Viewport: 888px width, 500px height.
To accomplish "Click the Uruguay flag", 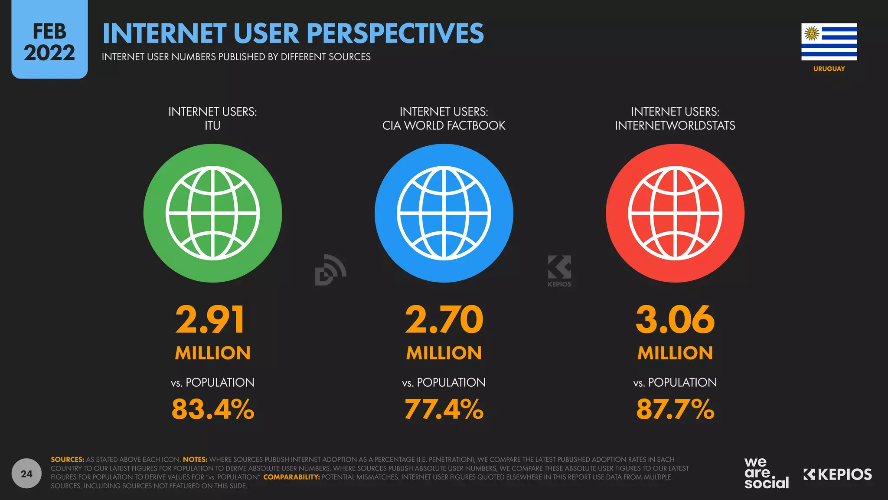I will pyautogui.click(x=829, y=42).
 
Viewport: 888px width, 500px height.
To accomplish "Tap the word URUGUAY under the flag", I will pyautogui.click(x=829, y=69).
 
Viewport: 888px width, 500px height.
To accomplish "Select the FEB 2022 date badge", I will pyautogui.click(x=49, y=41).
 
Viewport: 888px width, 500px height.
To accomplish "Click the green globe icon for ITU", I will pyautogui.click(x=212, y=213).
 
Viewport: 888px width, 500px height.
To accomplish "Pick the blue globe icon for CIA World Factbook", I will pyautogui.click(x=444, y=213).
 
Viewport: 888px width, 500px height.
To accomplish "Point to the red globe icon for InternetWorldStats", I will pyautogui.click(x=675, y=213).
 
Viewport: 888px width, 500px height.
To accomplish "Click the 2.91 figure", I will pyautogui.click(x=210, y=320).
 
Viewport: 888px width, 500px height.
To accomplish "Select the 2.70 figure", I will pyautogui.click(x=444, y=320).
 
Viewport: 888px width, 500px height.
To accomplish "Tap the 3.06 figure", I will pyautogui.click(x=675, y=320).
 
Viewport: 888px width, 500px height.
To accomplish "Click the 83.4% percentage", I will pyautogui.click(x=212, y=409).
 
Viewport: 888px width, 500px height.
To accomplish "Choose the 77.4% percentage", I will pyautogui.click(x=444, y=409).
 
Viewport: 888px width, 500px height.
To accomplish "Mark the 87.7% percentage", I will pyautogui.click(x=675, y=409).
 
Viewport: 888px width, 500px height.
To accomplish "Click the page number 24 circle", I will pyautogui.click(x=26, y=474).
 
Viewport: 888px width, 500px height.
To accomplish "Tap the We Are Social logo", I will pyautogui.click(x=766, y=473).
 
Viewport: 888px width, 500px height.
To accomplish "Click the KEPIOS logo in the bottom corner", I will pyautogui.click(x=837, y=474).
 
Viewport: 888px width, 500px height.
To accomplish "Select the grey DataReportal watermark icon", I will pyautogui.click(x=330, y=270).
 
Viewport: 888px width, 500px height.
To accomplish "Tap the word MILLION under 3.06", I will pyautogui.click(x=675, y=353).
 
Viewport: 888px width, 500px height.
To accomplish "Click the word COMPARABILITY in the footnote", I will pyautogui.click(x=291, y=477).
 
